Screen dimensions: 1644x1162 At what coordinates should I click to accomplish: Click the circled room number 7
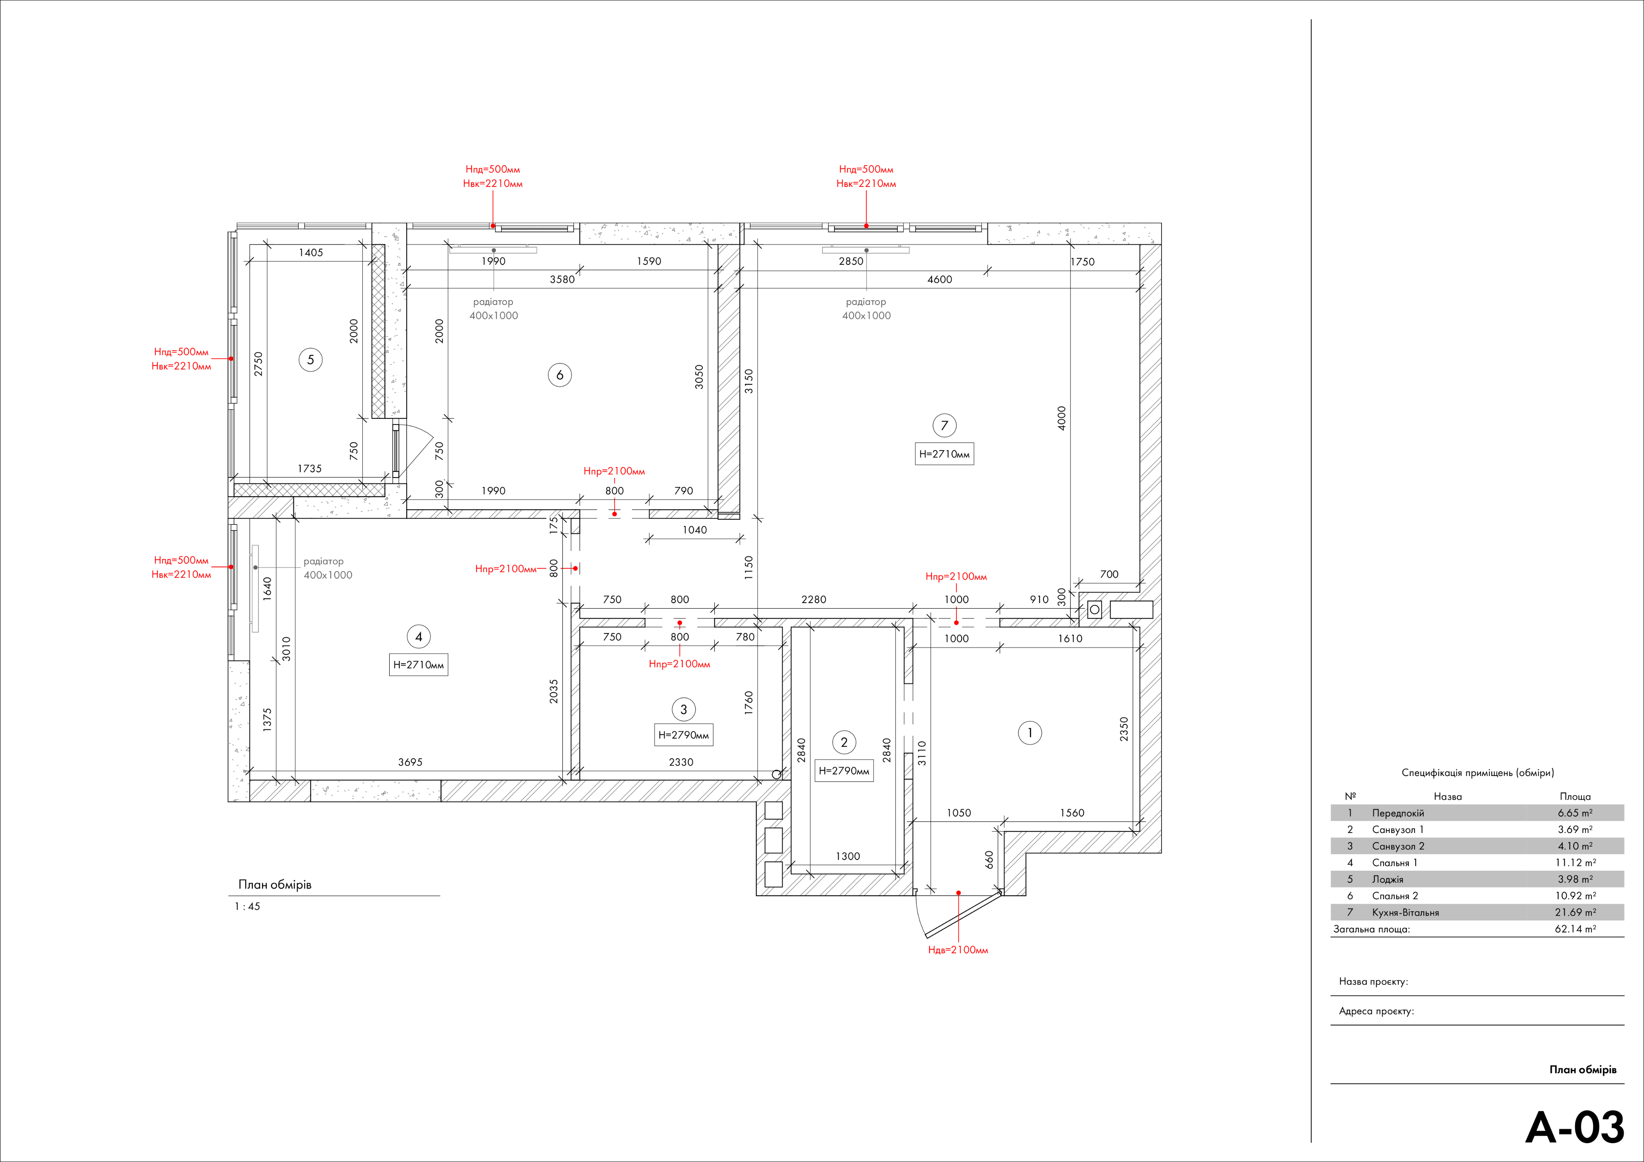pos(944,425)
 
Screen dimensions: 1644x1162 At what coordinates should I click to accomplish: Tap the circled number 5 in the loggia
pos(311,360)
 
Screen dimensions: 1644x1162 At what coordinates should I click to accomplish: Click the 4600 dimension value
pos(940,279)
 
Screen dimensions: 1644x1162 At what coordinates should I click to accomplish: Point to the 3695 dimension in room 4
pos(410,762)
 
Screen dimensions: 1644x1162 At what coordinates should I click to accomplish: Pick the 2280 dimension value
pos(814,599)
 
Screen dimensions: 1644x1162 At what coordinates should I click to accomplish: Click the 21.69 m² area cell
pos(1575,912)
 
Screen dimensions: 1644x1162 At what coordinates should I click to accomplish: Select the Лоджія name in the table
pos(1388,879)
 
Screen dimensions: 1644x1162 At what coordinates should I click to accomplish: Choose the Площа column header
pos(1575,796)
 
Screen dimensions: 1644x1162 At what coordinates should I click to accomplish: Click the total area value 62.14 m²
pos(1575,928)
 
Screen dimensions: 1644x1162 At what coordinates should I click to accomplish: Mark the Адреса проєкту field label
pos(1376,1012)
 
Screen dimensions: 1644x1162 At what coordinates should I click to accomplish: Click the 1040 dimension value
pos(694,530)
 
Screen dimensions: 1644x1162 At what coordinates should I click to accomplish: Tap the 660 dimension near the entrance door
pos(989,859)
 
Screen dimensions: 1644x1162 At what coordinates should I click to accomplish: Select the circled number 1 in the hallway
pos(1030,732)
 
